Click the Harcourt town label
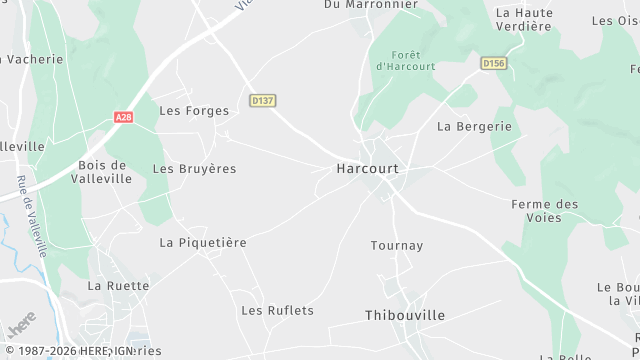coord(367,169)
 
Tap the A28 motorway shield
coord(121,117)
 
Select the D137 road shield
coord(263,101)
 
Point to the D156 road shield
coord(493,63)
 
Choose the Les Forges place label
coord(194,111)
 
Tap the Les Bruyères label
coord(194,169)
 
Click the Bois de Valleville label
coord(102,172)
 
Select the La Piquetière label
coord(203,243)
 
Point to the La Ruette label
coord(118,286)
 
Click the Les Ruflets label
coord(277,311)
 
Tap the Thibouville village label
coord(404,315)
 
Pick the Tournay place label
coord(397,246)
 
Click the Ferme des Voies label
coord(544,210)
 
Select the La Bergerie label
coord(474,127)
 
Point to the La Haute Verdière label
coord(524,19)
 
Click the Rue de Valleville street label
coord(31,217)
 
